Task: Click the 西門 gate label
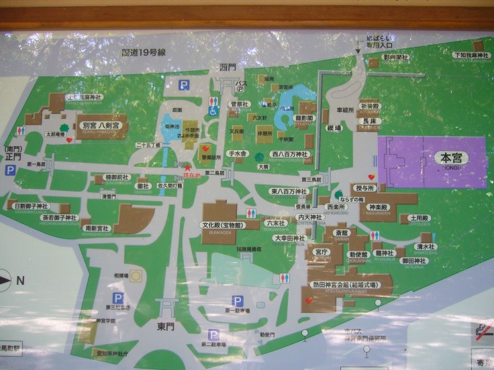pos(228,68)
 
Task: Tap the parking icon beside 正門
pos(10,171)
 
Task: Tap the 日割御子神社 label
pos(32,206)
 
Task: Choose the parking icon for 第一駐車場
pos(236,301)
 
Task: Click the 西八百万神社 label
pos(289,154)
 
